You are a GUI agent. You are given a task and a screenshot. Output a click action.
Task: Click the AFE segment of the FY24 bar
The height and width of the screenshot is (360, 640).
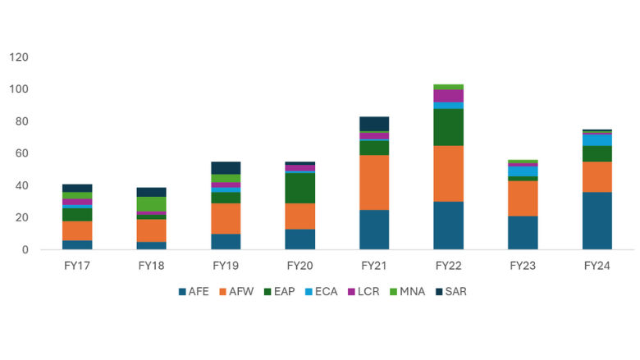(x=597, y=221)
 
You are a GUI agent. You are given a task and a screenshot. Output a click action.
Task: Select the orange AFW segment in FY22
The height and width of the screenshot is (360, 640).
(x=448, y=173)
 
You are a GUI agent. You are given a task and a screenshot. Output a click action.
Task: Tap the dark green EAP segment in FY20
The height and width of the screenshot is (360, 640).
(x=299, y=188)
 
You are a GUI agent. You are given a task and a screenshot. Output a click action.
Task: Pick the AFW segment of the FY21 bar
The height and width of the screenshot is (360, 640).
(x=374, y=182)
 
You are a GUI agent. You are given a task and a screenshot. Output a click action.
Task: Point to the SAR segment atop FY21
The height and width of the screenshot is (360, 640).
(x=374, y=124)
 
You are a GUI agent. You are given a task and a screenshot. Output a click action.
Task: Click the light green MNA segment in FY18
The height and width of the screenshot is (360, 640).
(x=151, y=203)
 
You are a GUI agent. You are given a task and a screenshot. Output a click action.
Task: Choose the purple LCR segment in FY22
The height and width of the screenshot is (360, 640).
(x=448, y=96)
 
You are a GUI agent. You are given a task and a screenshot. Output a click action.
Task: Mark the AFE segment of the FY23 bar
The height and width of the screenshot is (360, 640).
(x=523, y=232)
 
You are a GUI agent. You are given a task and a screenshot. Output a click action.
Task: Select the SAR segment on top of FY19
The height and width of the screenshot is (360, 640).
(x=226, y=167)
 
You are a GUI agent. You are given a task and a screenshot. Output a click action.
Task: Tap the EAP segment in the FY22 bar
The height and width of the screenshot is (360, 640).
(x=448, y=126)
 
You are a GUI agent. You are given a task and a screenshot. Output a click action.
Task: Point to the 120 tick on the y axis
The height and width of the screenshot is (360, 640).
(x=19, y=57)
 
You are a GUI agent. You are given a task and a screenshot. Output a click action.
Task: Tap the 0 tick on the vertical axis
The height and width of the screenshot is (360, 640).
(x=25, y=250)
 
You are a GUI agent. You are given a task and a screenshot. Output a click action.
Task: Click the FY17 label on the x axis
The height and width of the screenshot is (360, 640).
(x=77, y=267)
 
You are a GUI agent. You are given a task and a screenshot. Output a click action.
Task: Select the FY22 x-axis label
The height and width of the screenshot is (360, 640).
(x=448, y=267)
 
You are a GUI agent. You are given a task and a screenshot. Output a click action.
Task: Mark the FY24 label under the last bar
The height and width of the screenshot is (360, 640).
(x=597, y=267)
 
